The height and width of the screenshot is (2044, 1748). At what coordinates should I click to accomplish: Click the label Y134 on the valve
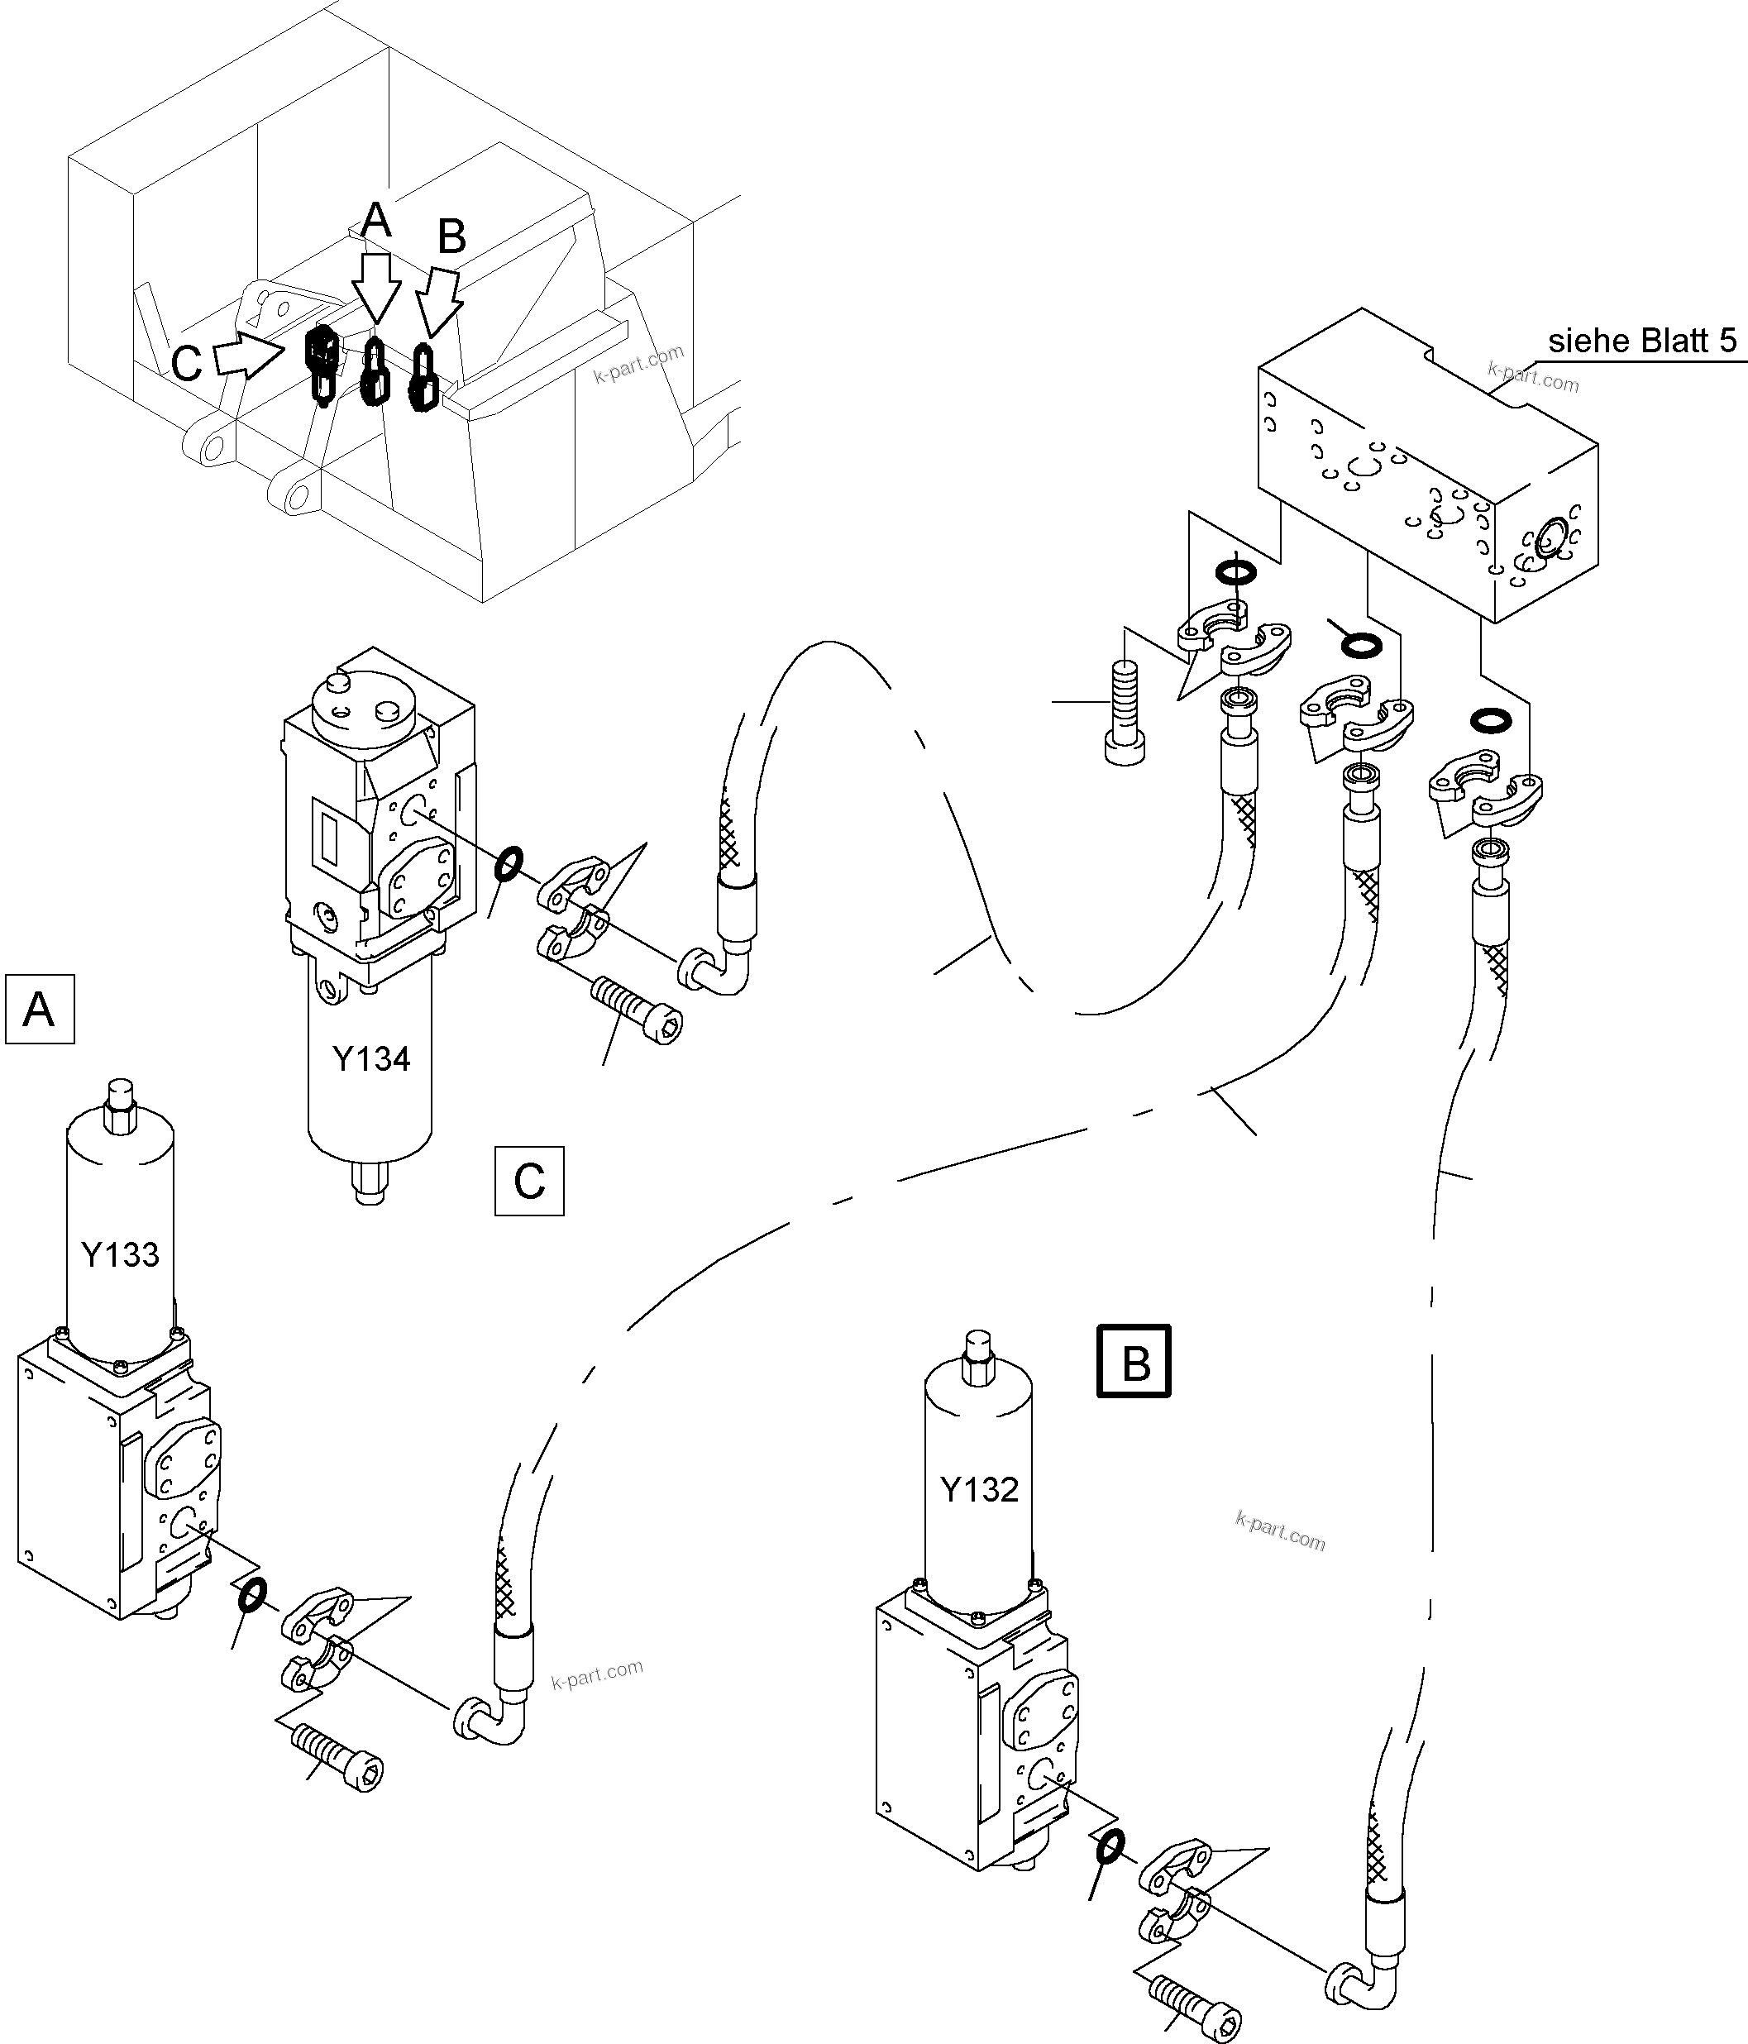[x=371, y=1058]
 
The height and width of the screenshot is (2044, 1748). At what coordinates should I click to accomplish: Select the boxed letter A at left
[x=40, y=1009]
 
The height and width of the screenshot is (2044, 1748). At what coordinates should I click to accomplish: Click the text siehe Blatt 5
[x=1641, y=341]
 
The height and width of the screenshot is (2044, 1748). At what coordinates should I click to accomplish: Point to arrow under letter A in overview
[x=377, y=285]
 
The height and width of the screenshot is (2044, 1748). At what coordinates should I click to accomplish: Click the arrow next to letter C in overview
[x=245, y=357]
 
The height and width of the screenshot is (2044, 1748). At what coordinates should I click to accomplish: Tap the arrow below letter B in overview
[x=439, y=303]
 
